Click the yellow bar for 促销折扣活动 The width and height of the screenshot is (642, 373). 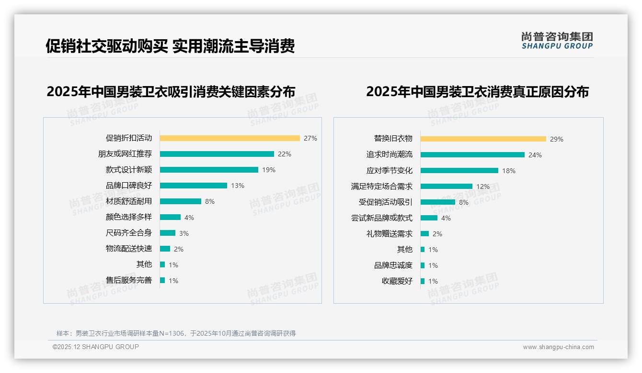tap(229, 138)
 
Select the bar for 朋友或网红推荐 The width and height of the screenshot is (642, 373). tap(217, 154)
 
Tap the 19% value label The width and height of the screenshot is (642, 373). tap(269, 170)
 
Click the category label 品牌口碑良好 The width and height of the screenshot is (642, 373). tap(128, 186)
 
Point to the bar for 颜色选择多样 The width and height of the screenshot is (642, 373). tap(170, 217)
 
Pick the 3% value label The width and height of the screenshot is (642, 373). tap(184, 233)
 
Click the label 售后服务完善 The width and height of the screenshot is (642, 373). tap(128, 280)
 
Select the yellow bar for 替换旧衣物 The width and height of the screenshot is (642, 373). tap(483, 139)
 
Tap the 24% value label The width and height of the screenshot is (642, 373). tap(535, 155)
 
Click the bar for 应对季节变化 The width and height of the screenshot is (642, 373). tap(459, 171)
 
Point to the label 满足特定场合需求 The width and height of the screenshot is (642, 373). tap(381, 186)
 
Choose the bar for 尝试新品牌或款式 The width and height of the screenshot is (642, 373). tap(429, 218)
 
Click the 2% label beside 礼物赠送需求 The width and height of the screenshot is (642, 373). tap(437, 234)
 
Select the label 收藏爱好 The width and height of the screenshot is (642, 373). tap(397, 281)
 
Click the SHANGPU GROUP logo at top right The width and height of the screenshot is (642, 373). tap(557, 41)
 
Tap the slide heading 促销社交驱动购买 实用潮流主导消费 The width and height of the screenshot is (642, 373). tap(170, 46)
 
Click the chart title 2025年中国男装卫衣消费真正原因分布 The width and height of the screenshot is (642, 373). tap(477, 91)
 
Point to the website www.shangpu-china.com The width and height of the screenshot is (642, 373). tap(558, 347)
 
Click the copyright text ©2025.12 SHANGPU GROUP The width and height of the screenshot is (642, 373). tap(96, 347)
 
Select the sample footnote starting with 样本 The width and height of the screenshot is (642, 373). tap(176, 333)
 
